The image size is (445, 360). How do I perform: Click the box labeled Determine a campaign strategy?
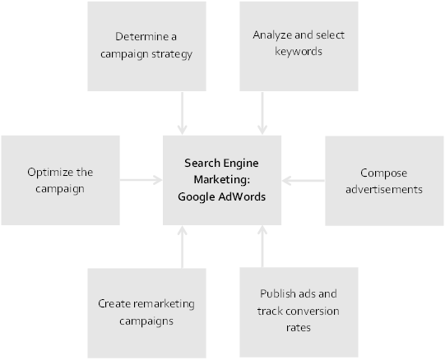[146, 46]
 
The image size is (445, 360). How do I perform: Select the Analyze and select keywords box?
[299, 46]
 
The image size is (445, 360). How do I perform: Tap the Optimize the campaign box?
[60, 180]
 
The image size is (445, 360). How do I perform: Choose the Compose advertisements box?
[384, 181]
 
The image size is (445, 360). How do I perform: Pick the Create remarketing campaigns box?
[146, 313]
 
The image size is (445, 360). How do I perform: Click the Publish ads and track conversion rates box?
[299, 312]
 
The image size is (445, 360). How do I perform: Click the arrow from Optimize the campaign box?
[141, 180]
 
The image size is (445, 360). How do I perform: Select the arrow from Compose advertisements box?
[303, 181]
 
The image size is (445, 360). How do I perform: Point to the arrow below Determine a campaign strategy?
[183, 113]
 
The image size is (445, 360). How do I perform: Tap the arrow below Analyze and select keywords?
[262, 113]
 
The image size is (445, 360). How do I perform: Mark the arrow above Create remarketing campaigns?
[183, 247]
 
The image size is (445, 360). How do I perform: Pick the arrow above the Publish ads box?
[262, 247]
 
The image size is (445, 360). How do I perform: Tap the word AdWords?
[242, 196]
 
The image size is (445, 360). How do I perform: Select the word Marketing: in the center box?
[222, 179]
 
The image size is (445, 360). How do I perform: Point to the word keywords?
[299, 52]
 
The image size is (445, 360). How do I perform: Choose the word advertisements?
[384, 189]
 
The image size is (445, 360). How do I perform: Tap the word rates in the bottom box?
[299, 328]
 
